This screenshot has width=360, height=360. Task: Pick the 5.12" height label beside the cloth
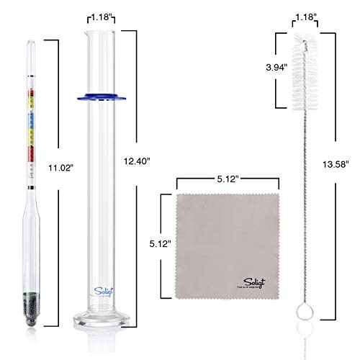[160, 244]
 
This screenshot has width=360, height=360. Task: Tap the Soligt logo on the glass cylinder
[101, 290]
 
